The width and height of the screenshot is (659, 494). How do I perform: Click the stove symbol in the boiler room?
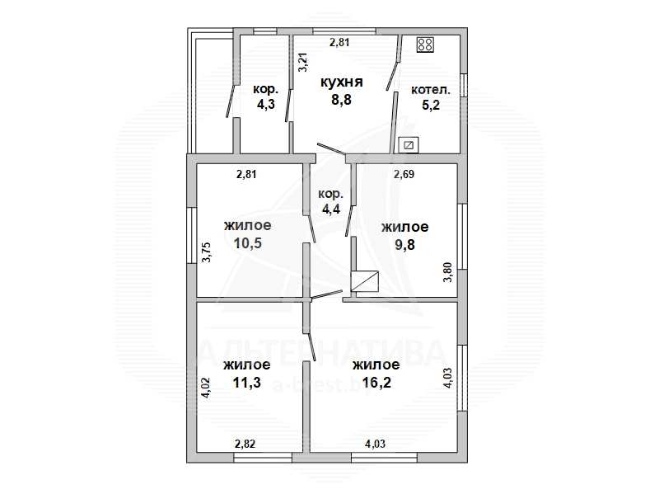(425, 45)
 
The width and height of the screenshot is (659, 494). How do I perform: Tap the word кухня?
(341, 82)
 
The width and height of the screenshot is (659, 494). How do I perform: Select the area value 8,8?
(341, 100)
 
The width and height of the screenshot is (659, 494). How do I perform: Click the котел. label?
(430, 90)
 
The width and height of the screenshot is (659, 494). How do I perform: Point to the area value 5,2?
(430, 105)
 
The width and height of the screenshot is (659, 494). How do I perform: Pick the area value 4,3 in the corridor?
(265, 104)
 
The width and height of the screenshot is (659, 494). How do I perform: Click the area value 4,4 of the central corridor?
(331, 209)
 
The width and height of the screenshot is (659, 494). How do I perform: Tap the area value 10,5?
(248, 242)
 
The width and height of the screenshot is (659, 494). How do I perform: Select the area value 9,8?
(404, 244)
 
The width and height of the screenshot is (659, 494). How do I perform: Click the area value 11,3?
(247, 383)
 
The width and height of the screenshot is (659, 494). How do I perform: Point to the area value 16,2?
(376, 383)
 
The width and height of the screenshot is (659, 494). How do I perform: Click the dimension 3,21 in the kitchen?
(303, 63)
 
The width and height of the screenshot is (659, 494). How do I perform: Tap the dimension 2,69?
(404, 174)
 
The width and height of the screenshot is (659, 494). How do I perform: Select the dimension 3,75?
(207, 252)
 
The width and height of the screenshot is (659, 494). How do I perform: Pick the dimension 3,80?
(447, 272)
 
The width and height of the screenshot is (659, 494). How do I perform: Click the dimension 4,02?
(205, 388)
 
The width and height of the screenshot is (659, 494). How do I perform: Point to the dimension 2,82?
(245, 444)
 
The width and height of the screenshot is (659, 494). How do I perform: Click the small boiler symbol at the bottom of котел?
(409, 146)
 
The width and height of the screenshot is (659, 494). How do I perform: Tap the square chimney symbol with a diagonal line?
(365, 281)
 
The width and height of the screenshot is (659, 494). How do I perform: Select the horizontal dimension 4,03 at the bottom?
(376, 444)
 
